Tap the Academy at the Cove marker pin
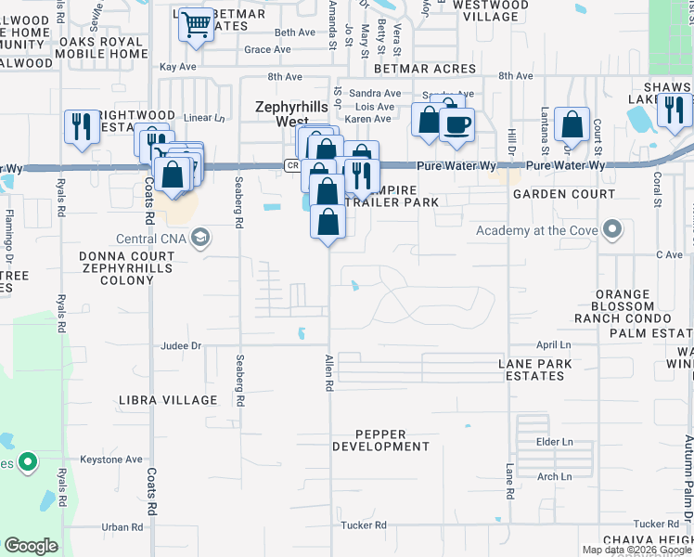(x=611, y=228)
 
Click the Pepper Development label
(x=392, y=440)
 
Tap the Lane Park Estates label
(x=532, y=369)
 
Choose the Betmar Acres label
(x=425, y=69)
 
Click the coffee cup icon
(x=456, y=124)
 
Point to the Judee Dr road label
(x=181, y=345)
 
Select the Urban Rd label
(x=122, y=526)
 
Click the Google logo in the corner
(x=32, y=546)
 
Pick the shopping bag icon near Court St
(x=572, y=123)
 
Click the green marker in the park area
(x=28, y=460)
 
